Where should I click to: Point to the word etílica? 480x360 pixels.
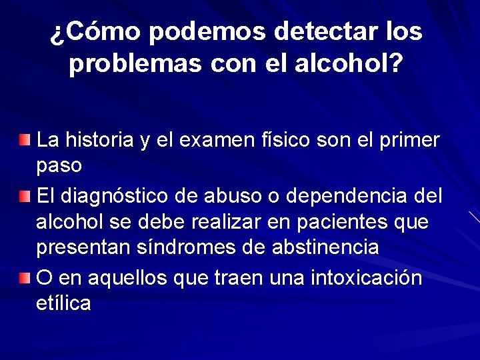(x=63, y=303)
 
